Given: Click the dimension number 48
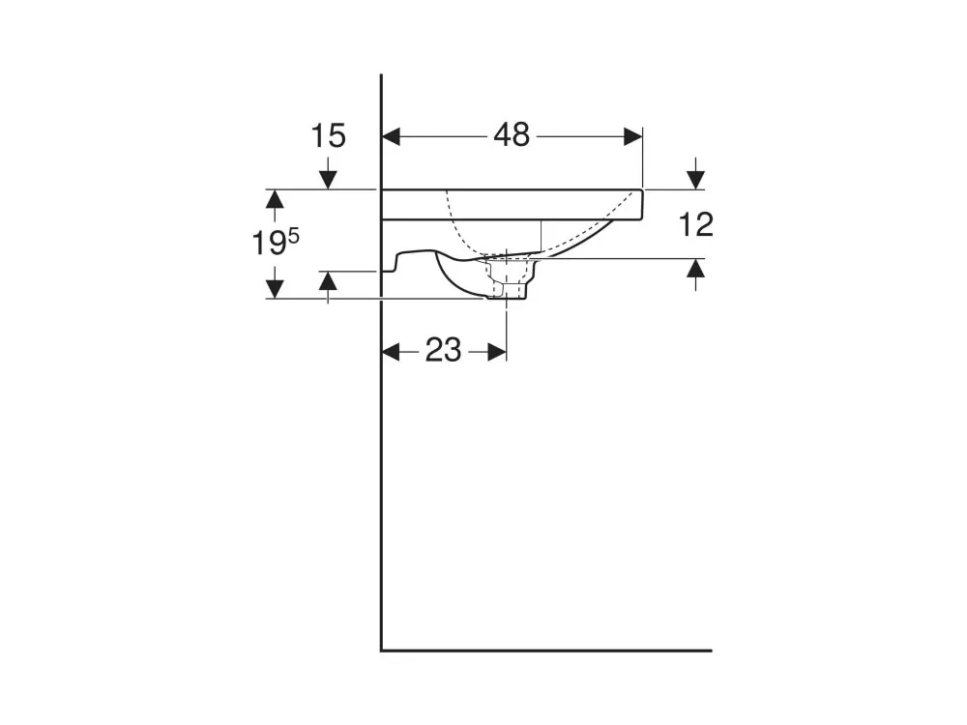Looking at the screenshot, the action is tap(512, 135).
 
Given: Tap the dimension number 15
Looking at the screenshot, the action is tap(328, 135).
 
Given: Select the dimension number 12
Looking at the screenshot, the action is tap(696, 224).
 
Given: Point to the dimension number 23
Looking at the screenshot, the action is tap(443, 351).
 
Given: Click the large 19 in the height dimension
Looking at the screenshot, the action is tap(270, 244).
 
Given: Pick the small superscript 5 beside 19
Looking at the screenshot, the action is tap(294, 235).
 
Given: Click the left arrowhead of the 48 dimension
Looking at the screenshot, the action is tap(391, 137).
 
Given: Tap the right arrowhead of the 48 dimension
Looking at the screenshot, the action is tap(633, 137).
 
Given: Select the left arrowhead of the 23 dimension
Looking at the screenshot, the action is tap(391, 353).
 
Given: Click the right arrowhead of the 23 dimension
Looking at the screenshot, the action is tap(497, 353).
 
